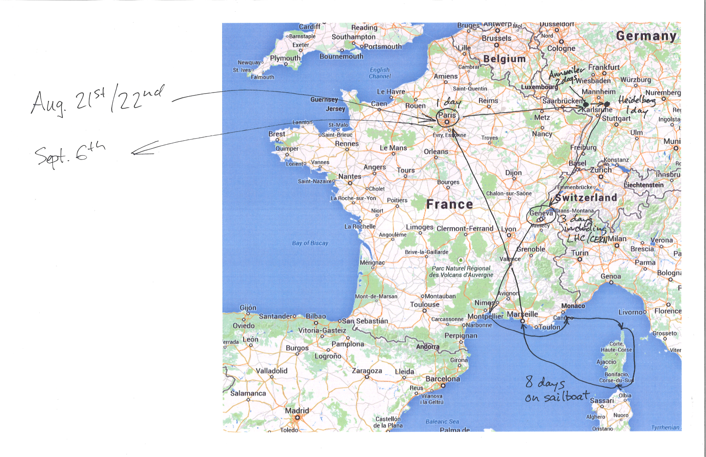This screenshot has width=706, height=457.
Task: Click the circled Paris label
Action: tap(447, 115)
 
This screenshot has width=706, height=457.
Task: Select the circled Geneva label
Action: tap(541, 213)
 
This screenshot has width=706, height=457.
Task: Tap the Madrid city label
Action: tap(297, 411)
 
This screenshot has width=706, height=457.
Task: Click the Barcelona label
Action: tap(443, 379)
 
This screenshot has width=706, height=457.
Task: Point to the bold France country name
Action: tap(449, 204)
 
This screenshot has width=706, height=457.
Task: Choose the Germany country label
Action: tap(646, 36)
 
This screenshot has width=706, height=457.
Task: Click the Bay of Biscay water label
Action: tap(310, 243)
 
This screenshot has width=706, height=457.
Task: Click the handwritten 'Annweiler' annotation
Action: tap(566, 72)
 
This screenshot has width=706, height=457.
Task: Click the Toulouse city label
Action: tap(425, 305)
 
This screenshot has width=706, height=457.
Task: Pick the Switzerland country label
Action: tap(586, 198)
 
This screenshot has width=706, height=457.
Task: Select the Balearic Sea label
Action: tap(442, 421)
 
